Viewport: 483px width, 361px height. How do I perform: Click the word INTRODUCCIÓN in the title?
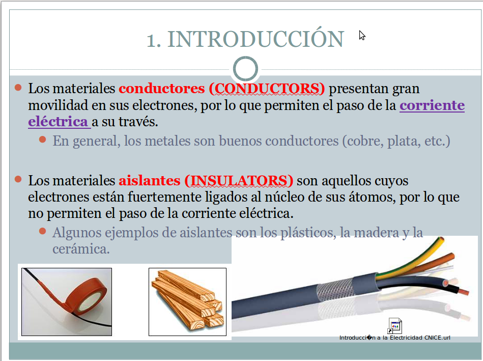255,40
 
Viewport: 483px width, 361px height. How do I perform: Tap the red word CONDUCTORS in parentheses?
266,89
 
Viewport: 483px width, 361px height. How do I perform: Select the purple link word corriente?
432,105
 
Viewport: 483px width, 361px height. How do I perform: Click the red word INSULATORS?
239,180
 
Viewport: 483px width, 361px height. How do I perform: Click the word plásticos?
307,233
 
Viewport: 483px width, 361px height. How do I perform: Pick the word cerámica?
81,249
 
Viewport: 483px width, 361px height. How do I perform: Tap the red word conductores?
161,89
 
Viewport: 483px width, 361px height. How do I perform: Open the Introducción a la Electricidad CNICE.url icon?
395,325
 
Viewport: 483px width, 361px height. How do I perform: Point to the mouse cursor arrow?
362,35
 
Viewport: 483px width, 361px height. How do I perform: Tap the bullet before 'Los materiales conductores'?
18,88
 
